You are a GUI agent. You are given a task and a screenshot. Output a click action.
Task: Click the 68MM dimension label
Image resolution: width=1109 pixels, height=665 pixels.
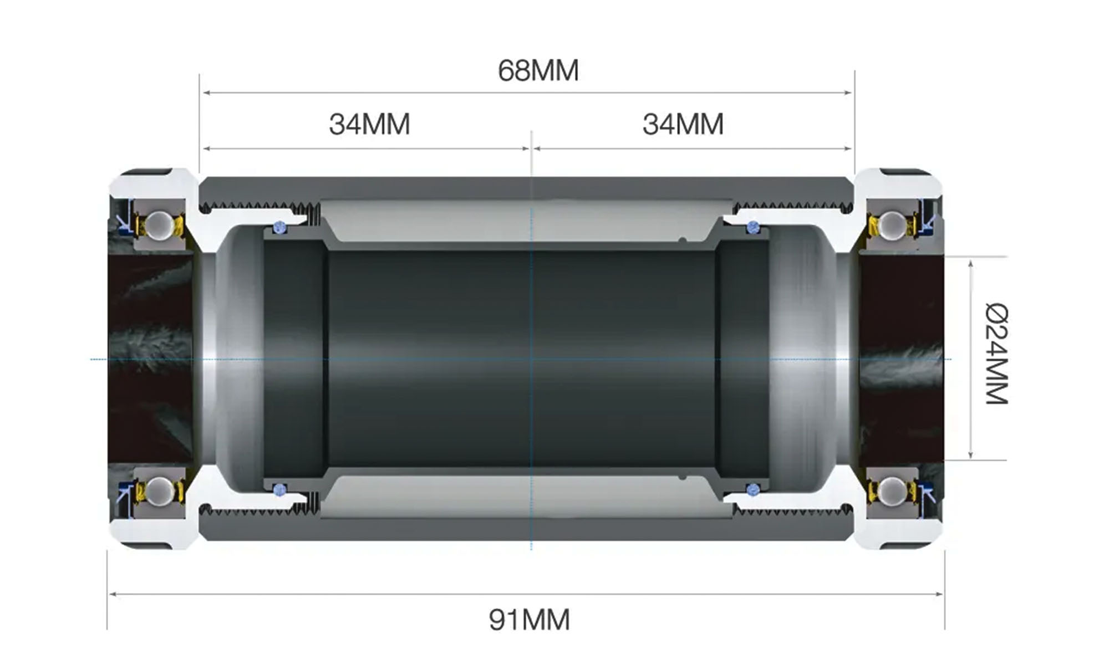pyautogui.click(x=538, y=71)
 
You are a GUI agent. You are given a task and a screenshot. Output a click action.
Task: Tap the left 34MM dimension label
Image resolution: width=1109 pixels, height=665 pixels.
pyautogui.click(x=369, y=124)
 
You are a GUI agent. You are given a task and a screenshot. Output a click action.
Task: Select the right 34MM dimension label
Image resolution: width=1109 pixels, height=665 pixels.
pyautogui.click(x=683, y=124)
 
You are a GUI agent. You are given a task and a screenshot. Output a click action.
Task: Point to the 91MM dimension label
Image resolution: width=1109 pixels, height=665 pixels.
pyautogui.click(x=529, y=620)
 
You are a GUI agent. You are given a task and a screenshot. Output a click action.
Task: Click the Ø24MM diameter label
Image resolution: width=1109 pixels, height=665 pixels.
pyautogui.click(x=996, y=354)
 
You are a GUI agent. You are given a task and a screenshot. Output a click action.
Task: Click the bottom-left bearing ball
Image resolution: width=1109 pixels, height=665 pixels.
pyautogui.click(x=159, y=490)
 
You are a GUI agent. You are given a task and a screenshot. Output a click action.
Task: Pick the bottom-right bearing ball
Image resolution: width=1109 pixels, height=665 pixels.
pyautogui.click(x=893, y=490)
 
